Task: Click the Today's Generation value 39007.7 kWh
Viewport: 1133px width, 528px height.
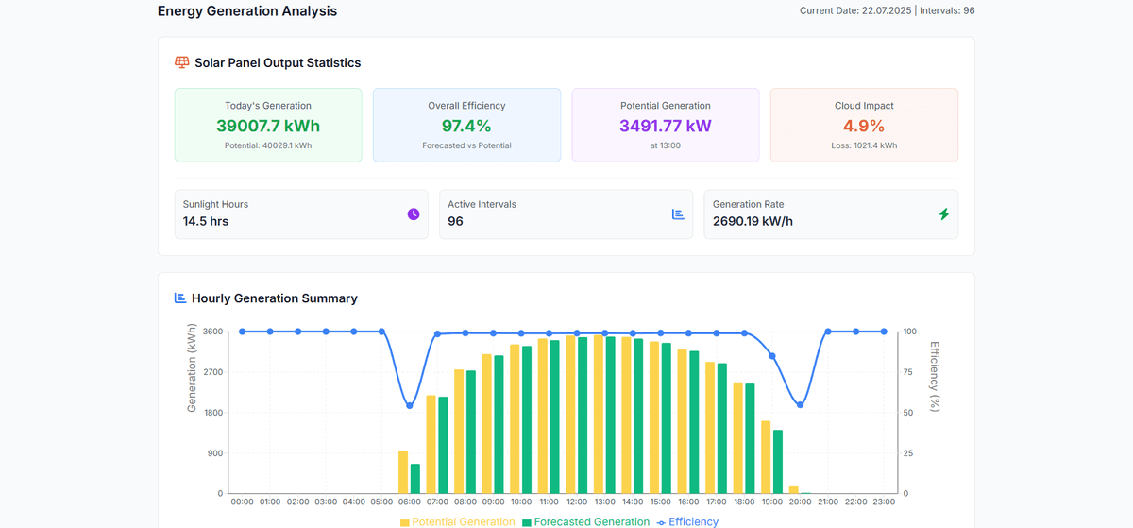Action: tap(268, 127)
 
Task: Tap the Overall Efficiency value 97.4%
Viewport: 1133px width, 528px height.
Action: tap(466, 127)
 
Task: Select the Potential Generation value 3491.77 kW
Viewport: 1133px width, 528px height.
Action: tap(665, 127)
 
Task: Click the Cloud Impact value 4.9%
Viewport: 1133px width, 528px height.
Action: tap(864, 127)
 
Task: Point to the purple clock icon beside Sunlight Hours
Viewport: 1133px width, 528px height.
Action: tap(414, 214)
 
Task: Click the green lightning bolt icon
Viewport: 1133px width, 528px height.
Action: tap(943, 214)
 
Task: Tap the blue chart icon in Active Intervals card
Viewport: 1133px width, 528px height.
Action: tap(678, 214)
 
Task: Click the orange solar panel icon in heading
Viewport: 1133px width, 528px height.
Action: tap(182, 62)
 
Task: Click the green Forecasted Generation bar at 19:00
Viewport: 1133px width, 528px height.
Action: tap(778, 462)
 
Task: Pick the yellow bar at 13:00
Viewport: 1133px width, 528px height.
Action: tap(598, 415)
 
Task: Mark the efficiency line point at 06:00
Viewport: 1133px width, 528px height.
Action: tap(409, 406)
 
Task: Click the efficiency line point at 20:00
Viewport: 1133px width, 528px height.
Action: tap(800, 404)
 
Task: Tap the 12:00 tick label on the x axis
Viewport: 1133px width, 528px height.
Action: tap(576, 502)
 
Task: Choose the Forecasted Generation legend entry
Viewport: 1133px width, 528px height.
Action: tap(585, 521)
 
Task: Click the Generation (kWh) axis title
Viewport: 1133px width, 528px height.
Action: tap(192, 368)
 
